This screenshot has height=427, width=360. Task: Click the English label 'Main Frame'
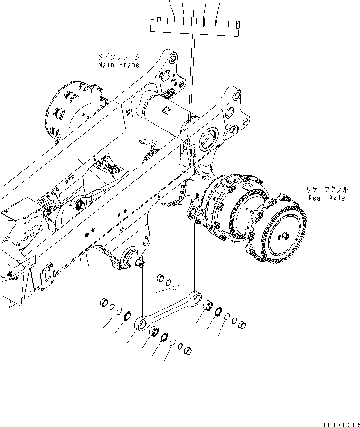point(119,65)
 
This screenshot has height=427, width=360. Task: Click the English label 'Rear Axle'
point(326,198)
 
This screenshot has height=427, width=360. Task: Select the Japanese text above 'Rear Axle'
point(326,189)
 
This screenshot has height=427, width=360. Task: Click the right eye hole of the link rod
point(196,299)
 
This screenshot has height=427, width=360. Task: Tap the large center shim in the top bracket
point(194,21)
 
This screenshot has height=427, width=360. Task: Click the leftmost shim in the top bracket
point(159,20)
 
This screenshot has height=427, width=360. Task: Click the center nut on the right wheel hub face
point(284,234)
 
